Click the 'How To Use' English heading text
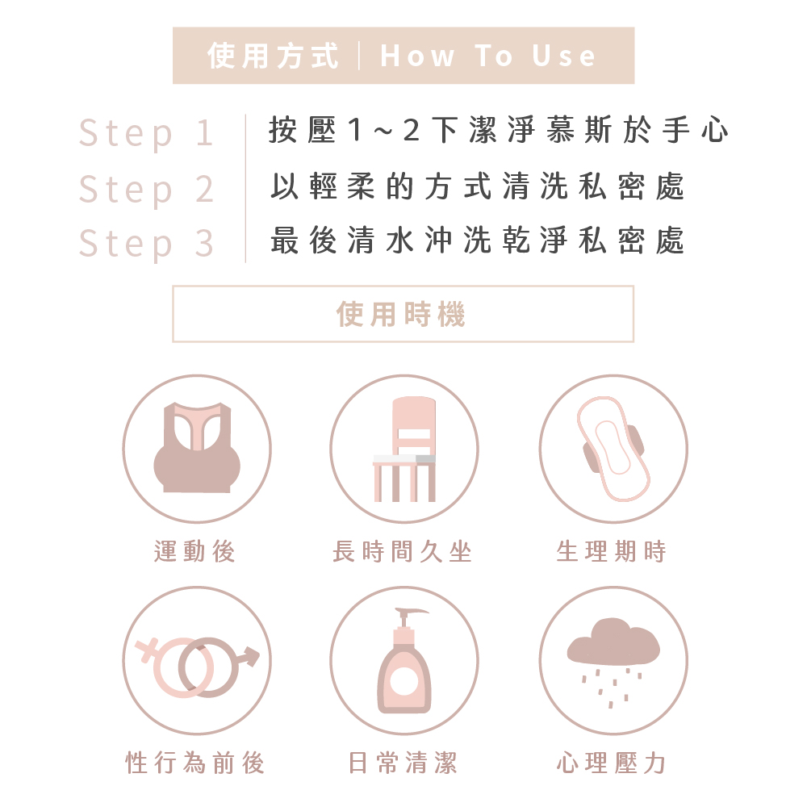click(x=487, y=56)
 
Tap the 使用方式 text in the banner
click(x=273, y=56)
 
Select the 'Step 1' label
click(x=145, y=133)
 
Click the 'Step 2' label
click(x=145, y=190)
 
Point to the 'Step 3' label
click(x=145, y=244)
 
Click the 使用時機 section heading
click(x=401, y=314)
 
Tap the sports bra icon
click(x=197, y=448)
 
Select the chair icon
click(x=404, y=449)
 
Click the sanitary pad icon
click(x=613, y=449)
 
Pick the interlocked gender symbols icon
click(x=197, y=667)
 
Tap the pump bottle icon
click(x=404, y=660)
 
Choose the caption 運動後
click(x=194, y=551)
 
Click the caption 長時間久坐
click(x=402, y=551)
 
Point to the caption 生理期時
click(x=612, y=551)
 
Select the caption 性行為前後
click(x=195, y=763)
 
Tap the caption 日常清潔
click(x=403, y=763)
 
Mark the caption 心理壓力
click(x=612, y=763)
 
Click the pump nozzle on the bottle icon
click(x=411, y=613)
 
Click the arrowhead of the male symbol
click(x=251, y=655)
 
